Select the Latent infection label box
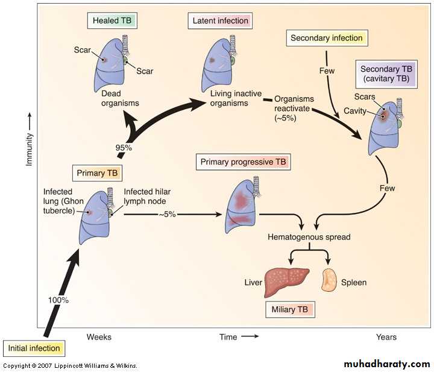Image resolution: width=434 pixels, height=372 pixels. click(x=219, y=21)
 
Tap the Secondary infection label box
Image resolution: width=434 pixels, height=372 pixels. click(x=327, y=38)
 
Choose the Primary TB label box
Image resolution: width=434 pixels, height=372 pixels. click(x=96, y=173)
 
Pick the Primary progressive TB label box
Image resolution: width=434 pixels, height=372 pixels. click(x=244, y=162)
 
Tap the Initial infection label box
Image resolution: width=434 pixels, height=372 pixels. click(x=34, y=348)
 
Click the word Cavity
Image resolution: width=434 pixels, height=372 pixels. click(x=355, y=111)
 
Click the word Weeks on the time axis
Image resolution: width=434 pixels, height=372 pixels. click(x=99, y=337)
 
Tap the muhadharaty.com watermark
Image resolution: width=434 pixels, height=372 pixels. click(x=386, y=364)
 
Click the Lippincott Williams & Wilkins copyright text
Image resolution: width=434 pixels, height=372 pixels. click(x=71, y=366)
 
